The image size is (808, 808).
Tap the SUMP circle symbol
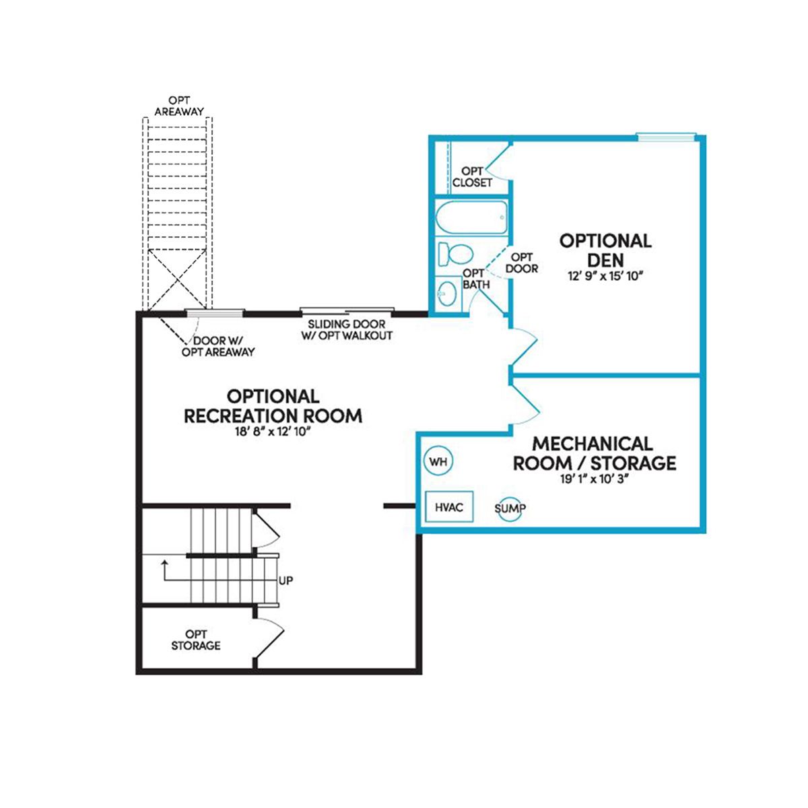click(510, 509)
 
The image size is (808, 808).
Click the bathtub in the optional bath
click(471, 217)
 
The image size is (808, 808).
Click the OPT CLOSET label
click(472, 177)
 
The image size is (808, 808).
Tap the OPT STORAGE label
click(195, 640)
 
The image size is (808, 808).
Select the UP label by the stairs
click(285, 580)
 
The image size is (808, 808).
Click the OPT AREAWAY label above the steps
click(179, 106)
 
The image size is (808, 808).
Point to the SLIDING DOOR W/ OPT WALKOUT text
click(347, 330)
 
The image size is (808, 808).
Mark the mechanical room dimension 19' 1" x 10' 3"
click(595, 479)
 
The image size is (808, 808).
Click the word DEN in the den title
click(605, 260)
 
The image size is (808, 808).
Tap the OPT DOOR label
click(522, 263)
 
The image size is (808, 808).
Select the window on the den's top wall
click(667, 136)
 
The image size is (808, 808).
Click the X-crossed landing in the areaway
click(178, 279)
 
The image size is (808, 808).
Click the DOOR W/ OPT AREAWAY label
click(218, 346)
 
